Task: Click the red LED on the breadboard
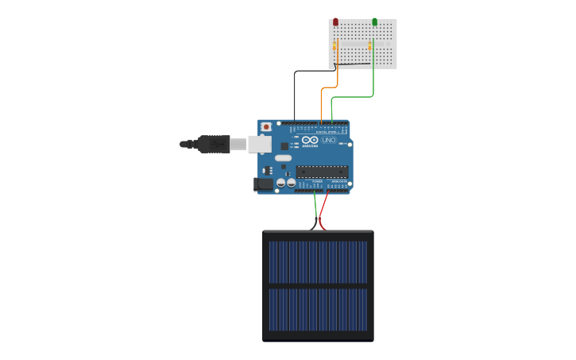pos(335,22)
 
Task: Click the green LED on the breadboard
pos(374,22)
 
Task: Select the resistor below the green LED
pos(370,46)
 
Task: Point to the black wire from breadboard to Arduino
pos(295,95)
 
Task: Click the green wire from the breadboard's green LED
pos(354,97)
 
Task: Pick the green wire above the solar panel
pos(315,208)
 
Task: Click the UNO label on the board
pos(329,141)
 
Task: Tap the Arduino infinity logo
pos(309,140)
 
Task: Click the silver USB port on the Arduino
pos(259,144)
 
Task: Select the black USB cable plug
pos(214,144)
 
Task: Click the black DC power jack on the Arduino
pos(263,184)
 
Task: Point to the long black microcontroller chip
pos(322,171)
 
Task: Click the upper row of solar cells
pos(318,261)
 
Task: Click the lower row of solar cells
pos(318,310)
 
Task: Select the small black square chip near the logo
pos(284,146)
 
